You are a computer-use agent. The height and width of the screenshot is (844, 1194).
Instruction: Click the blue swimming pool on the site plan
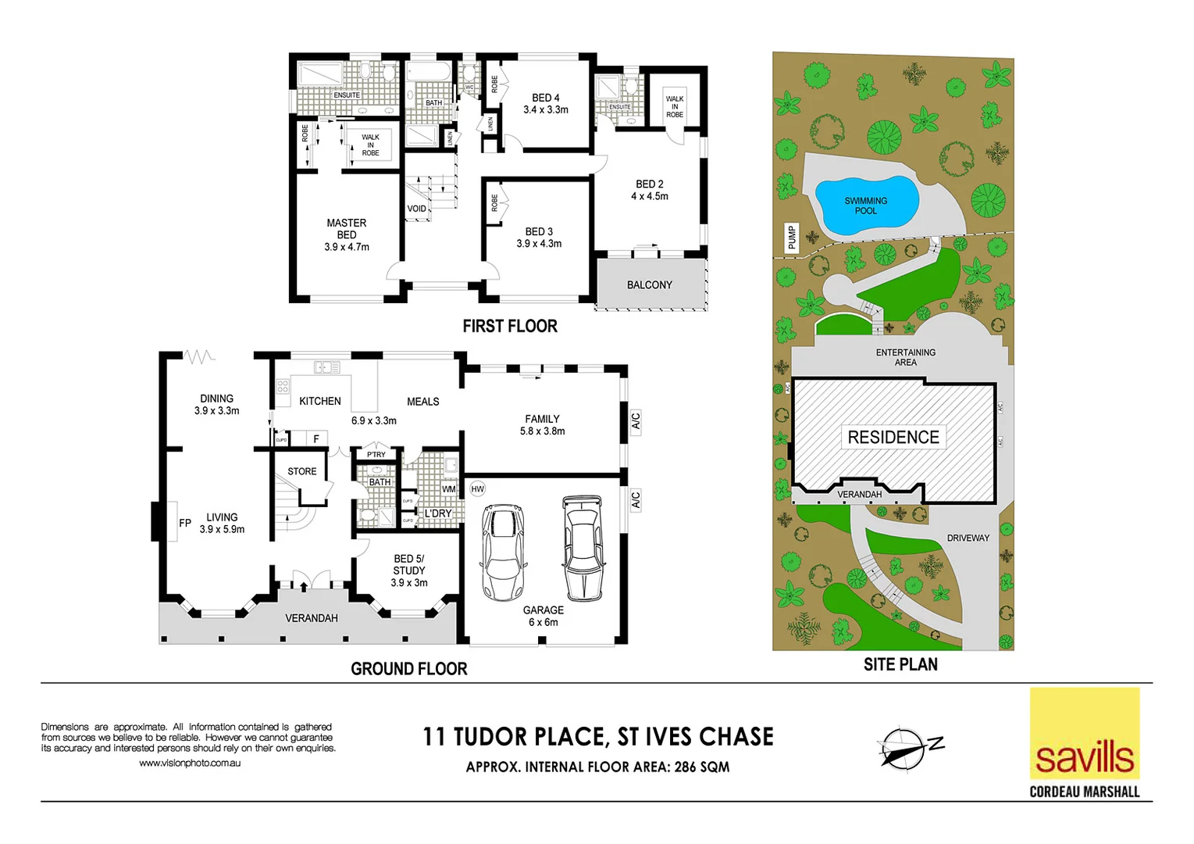(x=864, y=206)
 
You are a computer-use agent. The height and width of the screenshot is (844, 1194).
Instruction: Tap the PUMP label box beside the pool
(x=791, y=238)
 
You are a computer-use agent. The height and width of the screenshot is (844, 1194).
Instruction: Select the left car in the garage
(x=503, y=553)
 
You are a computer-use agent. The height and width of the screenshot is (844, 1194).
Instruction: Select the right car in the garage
(x=583, y=547)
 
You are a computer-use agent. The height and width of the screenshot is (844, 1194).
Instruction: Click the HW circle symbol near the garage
(x=478, y=489)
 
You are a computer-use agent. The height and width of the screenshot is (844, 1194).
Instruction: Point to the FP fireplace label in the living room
(x=185, y=523)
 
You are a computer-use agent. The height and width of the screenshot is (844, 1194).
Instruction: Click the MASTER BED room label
(x=347, y=228)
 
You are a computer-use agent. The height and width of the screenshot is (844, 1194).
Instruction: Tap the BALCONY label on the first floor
(x=649, y=285)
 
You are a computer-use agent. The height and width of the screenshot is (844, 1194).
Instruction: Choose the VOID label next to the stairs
(x=416, y=209)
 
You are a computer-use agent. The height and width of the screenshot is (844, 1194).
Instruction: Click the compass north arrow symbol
(x=906, y=749)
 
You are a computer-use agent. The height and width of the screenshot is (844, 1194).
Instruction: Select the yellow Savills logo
(x=1084, y=735)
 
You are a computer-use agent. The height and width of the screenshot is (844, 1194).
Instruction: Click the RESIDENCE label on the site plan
(x=893, y=438)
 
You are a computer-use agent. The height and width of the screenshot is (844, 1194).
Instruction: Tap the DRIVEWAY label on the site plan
(x=968, y=538)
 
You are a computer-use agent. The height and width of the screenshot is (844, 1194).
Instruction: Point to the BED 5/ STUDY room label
(x=409, y=565)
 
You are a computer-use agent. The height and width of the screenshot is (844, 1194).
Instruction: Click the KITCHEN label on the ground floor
(x=320, y=402)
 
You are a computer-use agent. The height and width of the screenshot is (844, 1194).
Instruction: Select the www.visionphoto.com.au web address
(x=190, y=764)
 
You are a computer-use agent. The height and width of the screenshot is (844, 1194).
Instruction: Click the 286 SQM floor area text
(x=700, y=767)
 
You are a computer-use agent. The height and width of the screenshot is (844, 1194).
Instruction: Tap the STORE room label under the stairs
(x=302, y=472)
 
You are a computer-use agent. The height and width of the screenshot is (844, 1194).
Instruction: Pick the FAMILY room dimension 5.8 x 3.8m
(x=542, y=431)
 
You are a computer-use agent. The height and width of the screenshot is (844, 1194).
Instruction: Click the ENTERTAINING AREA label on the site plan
(x=905, y=357)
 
